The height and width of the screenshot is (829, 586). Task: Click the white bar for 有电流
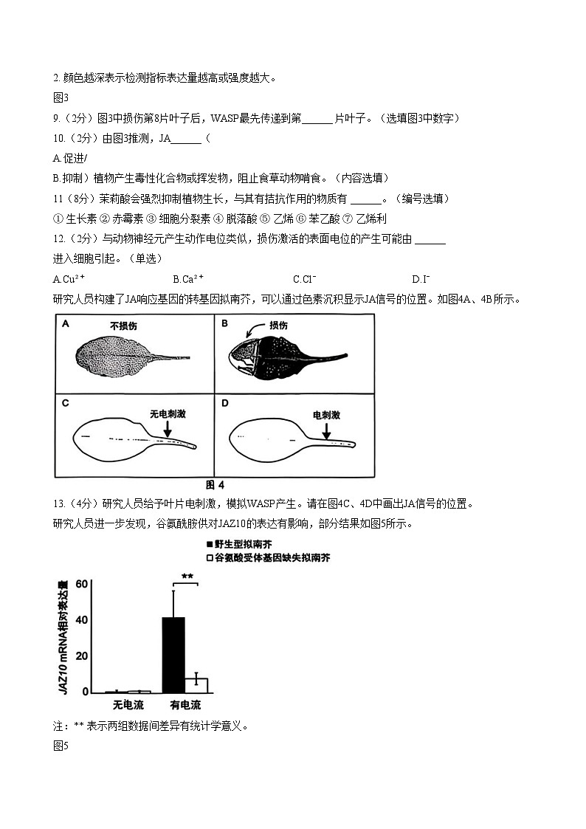[196, 685]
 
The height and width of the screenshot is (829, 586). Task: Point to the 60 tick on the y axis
[81, 584]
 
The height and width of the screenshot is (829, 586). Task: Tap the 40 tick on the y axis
[81, 620]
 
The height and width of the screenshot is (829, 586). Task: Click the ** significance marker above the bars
[187, 577]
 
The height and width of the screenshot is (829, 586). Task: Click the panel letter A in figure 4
[66, 323]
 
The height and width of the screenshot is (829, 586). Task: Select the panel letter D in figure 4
[225, 403]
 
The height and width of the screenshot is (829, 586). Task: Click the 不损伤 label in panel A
[123, 326]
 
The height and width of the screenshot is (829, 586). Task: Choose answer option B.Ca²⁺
[188, 279]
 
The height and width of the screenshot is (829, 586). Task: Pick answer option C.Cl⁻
[304, 279]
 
